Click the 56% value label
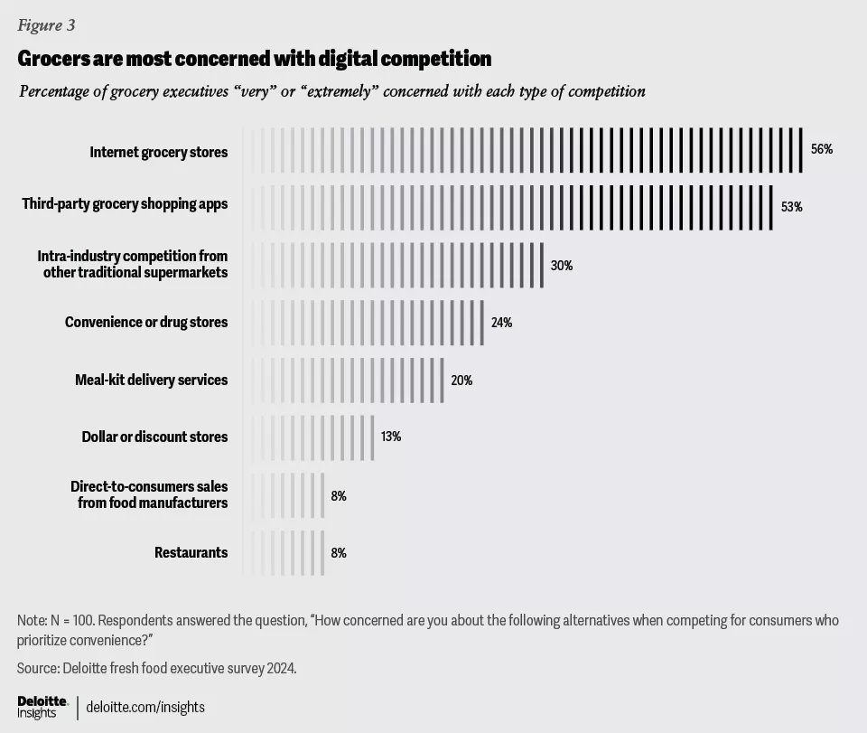[x=821, y=149]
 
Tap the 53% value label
[x=791, y=207]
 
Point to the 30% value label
[x=562, y=266]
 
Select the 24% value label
[x=501, y=323]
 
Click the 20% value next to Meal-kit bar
[x=461, y=381]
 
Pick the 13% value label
[x=391, y=437]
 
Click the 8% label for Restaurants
[x=339, y=552]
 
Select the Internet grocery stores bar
[x=523, y=150]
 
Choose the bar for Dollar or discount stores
[x=308, y=437]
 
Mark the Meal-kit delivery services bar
[x=343, y=381]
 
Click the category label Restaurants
[x=191, y=552]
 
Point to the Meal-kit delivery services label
[x=151, y=380]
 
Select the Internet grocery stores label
[x=158, y=151]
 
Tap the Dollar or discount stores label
[x=154, y=437]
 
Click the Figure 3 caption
[x=46, y=25]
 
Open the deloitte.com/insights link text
[x=145, y=707]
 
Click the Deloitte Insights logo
[x=42, y=707]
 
